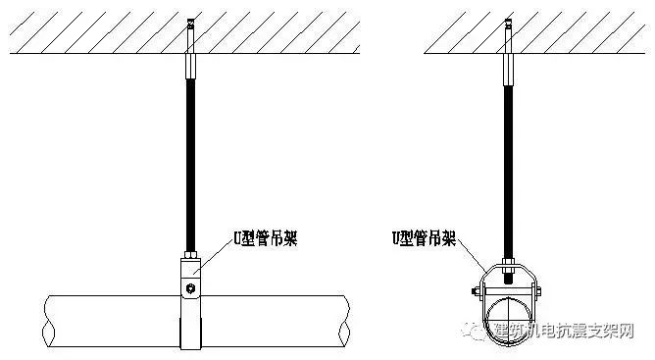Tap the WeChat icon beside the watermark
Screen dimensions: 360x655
pos(477,334)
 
